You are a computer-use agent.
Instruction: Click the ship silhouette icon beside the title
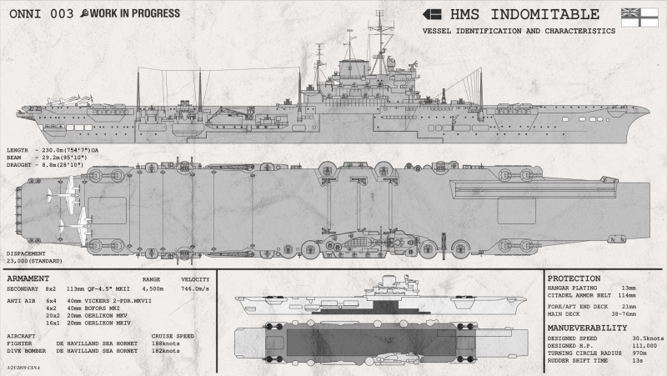pyautogui.click(x=431, y=14)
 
